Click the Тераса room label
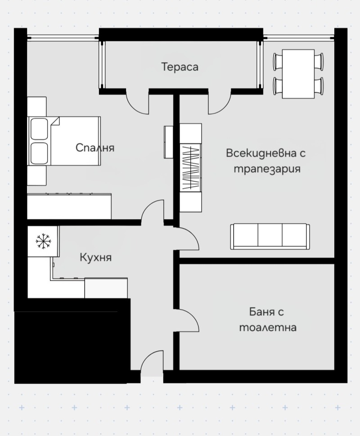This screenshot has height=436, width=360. [x=180, y=67]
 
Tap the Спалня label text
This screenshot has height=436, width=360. [x=95, y=148]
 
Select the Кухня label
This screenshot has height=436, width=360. [x=95, y=257]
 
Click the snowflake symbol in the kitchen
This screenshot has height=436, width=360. [x=43, y=241]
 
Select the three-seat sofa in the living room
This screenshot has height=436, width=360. [x=270, y=236]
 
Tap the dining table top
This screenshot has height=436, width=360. [x=298, y=74]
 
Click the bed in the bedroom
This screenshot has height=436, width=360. [x=72, y=141]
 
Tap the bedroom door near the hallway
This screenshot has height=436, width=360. [x=152, y=211]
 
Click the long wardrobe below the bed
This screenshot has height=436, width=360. [x=69, y=207]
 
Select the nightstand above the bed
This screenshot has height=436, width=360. [x=37, y=106]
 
